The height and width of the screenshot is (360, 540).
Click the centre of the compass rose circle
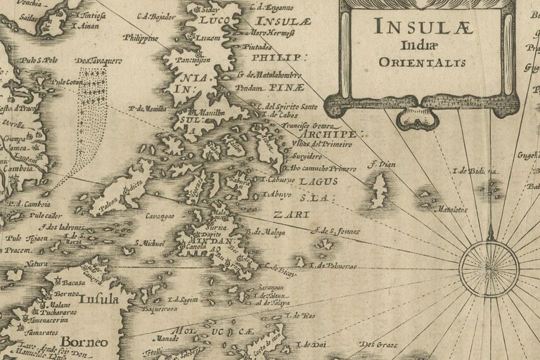point(489,268)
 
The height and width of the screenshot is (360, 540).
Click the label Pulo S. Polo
point(39,60)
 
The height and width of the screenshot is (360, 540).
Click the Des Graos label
point(374,345)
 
